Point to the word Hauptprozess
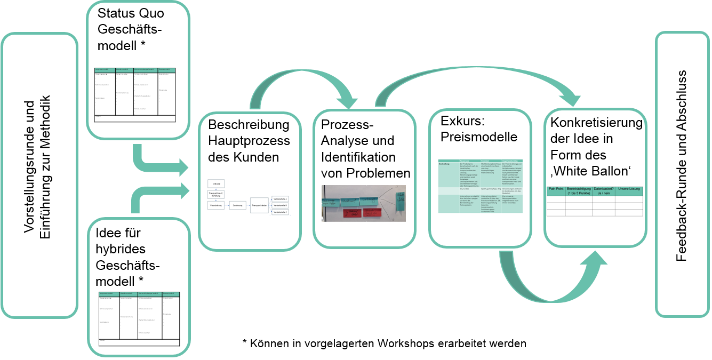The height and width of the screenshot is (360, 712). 249,141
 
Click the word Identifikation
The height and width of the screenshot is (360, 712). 358,157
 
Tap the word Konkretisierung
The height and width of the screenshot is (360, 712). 596,123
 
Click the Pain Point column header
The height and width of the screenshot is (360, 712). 556,189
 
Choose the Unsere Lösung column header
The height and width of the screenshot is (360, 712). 629,189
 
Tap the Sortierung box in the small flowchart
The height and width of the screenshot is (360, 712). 238,205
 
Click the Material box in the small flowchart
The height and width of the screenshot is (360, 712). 217,183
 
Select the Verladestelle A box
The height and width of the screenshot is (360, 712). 280,198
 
